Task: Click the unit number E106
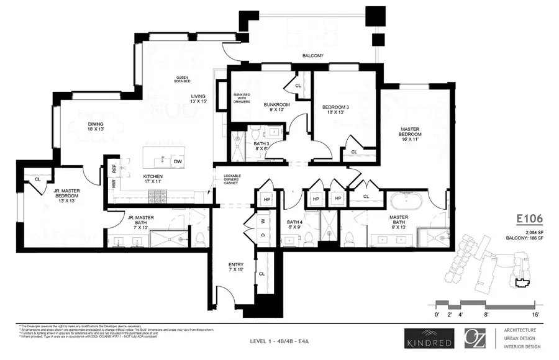click(x=530, y=218)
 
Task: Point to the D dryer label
click(x=263, y=235)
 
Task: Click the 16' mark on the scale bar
click(x=534, y=315)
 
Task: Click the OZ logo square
click(x=476, y=338)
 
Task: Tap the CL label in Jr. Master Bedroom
click(x=37, y=179)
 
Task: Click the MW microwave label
click(x=114, y=184)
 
